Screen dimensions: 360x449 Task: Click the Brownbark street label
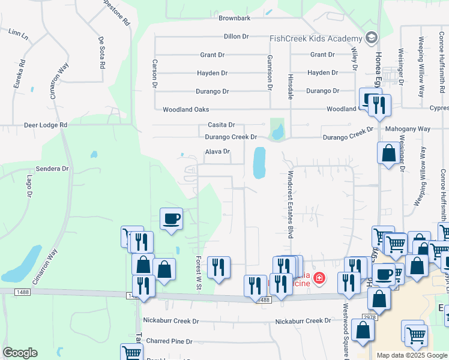234,19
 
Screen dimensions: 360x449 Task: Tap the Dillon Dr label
236,37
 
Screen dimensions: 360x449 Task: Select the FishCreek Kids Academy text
316,38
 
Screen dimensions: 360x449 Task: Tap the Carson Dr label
154,74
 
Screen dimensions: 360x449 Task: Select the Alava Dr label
218,152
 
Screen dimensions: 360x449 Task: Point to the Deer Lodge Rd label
46,125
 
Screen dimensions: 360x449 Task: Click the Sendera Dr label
53,169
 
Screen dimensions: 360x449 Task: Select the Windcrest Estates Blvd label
289,203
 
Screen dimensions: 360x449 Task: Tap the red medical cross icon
318,278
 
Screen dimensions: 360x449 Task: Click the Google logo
20,353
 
